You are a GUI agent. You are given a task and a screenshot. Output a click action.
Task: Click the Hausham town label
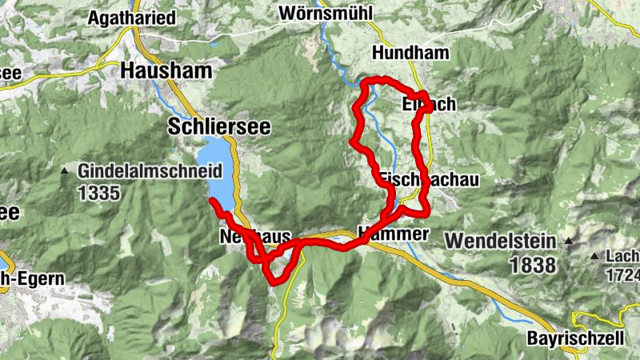166,70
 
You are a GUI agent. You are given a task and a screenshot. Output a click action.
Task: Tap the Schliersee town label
219,126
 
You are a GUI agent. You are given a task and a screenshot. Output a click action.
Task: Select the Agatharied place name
132,18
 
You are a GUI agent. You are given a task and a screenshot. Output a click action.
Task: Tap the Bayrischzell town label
575,338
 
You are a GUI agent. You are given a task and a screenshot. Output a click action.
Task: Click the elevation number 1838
531,264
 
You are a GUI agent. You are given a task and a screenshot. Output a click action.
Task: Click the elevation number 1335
99,192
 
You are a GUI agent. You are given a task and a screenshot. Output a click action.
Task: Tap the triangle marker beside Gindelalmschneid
64,170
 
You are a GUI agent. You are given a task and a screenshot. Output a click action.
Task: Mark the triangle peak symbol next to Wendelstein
569,240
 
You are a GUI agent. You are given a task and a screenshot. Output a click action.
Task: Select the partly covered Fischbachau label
429,180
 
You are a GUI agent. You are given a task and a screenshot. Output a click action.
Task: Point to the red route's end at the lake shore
213,201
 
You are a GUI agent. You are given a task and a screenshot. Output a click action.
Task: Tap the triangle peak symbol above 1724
594,256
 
